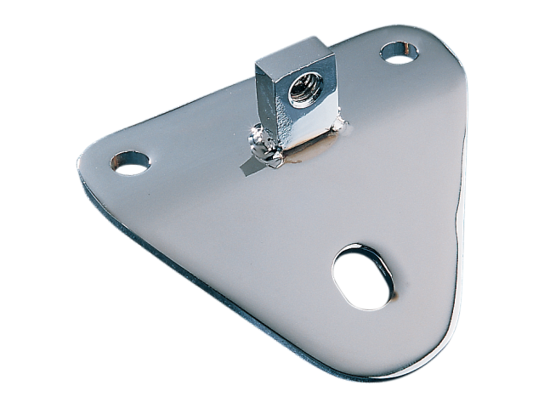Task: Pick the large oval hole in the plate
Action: click(x=365, y=277)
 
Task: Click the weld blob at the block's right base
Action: click(x=341, y=126)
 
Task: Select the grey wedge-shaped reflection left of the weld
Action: click(x=247, y=165)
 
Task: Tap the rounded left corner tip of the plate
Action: click(x=83, y=161)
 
